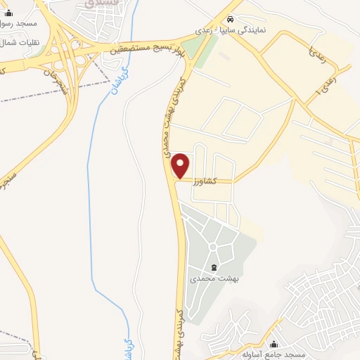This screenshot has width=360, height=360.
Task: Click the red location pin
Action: coord(181,165)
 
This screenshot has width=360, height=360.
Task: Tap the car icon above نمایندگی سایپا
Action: coord(241,20)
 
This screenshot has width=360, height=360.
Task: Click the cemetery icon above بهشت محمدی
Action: coord(214,267)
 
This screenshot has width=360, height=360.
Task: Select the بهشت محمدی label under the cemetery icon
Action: coord(214,279)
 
